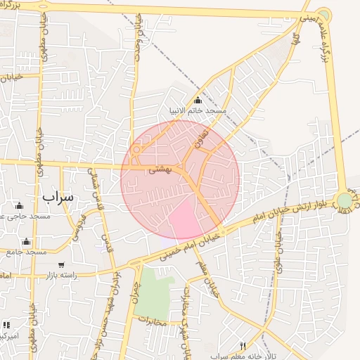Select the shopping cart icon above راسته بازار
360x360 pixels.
click(62, 264)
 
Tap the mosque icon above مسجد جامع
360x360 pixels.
click(27, 241)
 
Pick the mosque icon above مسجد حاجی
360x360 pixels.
click(19, 206)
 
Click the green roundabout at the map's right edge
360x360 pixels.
click(344, 201)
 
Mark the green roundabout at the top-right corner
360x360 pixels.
click(323, 14)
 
